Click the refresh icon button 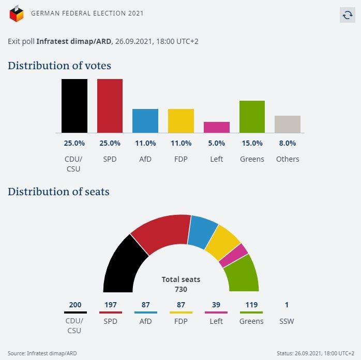click(348, 15)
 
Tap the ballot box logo click(17, 13)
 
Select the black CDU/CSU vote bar click(74, 106)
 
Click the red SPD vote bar click(110, 106)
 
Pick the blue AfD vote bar click(145, 121)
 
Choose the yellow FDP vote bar click(181, 121)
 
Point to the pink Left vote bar click(217, 127)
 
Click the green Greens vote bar click(252, 117)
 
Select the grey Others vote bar click(288, 124)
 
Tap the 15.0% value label click(252, 143)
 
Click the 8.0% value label click(288, 143)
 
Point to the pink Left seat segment click(233, 255)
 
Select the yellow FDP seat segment click(223, 243)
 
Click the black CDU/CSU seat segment click(124, 267)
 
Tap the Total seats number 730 click(181, 289)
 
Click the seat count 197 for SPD click(111, 305)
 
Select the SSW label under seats click(287, 321)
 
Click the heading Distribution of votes click(59, 66)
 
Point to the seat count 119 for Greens click(251, 305)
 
